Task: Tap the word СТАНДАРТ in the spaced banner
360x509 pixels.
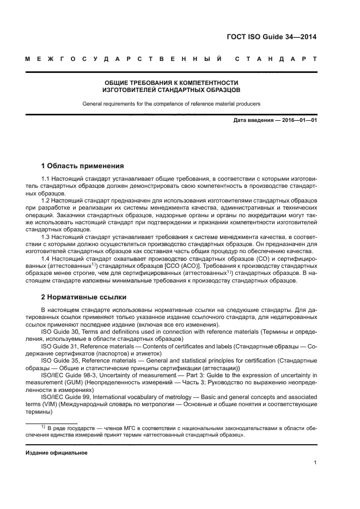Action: (276, 59)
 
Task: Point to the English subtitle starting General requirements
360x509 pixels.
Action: (172, 102)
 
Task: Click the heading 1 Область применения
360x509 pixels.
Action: (83, 165)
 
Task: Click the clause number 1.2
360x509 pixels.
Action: (46, 201)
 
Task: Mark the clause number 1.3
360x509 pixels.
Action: (46, 237)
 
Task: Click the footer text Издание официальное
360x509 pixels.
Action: (53, 453)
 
